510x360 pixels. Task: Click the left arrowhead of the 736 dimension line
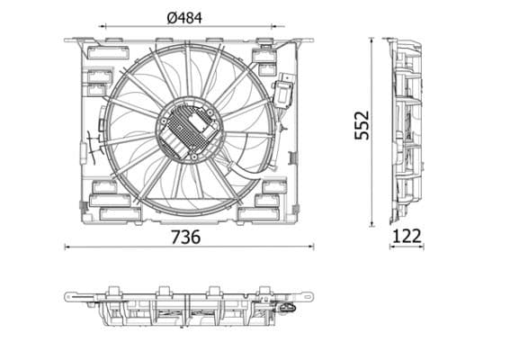coord(68,246)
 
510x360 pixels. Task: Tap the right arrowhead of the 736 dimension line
coord(312,246)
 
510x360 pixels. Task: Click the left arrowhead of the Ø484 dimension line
coord(103,27)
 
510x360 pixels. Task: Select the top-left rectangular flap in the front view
coord(98,56)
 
